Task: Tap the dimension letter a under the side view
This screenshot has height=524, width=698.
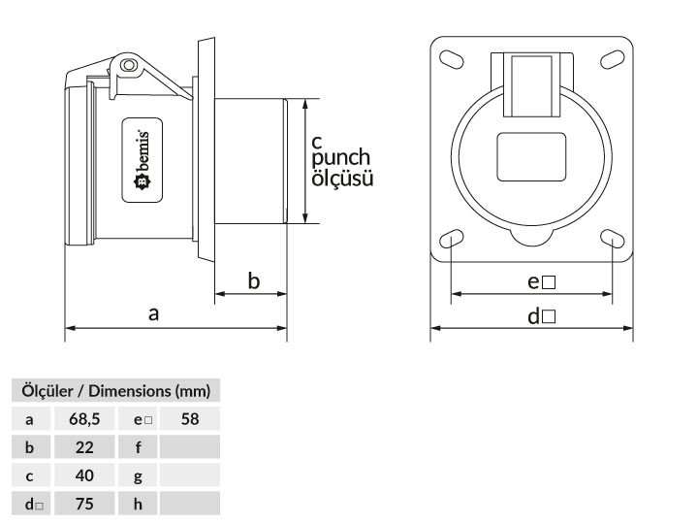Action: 153,314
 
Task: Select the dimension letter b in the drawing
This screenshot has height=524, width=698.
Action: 254,281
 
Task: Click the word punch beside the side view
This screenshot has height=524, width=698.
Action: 341,158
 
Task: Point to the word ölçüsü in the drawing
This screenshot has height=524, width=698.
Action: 342,179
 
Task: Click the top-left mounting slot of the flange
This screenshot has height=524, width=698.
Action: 454,60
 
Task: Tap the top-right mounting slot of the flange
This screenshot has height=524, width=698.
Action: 612,60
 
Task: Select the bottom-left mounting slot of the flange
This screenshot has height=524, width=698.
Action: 453,240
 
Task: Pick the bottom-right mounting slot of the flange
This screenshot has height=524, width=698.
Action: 612,240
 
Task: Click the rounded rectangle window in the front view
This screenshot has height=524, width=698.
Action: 532,155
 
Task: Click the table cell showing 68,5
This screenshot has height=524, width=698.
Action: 85,420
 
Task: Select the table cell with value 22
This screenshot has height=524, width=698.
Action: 85,448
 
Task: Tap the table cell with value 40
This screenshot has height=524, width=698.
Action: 85,476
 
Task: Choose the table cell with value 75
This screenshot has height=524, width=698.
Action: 85,505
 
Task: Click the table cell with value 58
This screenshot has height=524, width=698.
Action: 190,420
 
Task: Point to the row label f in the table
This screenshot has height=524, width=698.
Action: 138,448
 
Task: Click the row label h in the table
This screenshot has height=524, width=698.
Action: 138,505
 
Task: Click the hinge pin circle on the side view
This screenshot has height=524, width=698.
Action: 127,65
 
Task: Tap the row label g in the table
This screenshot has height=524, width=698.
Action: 138,476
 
